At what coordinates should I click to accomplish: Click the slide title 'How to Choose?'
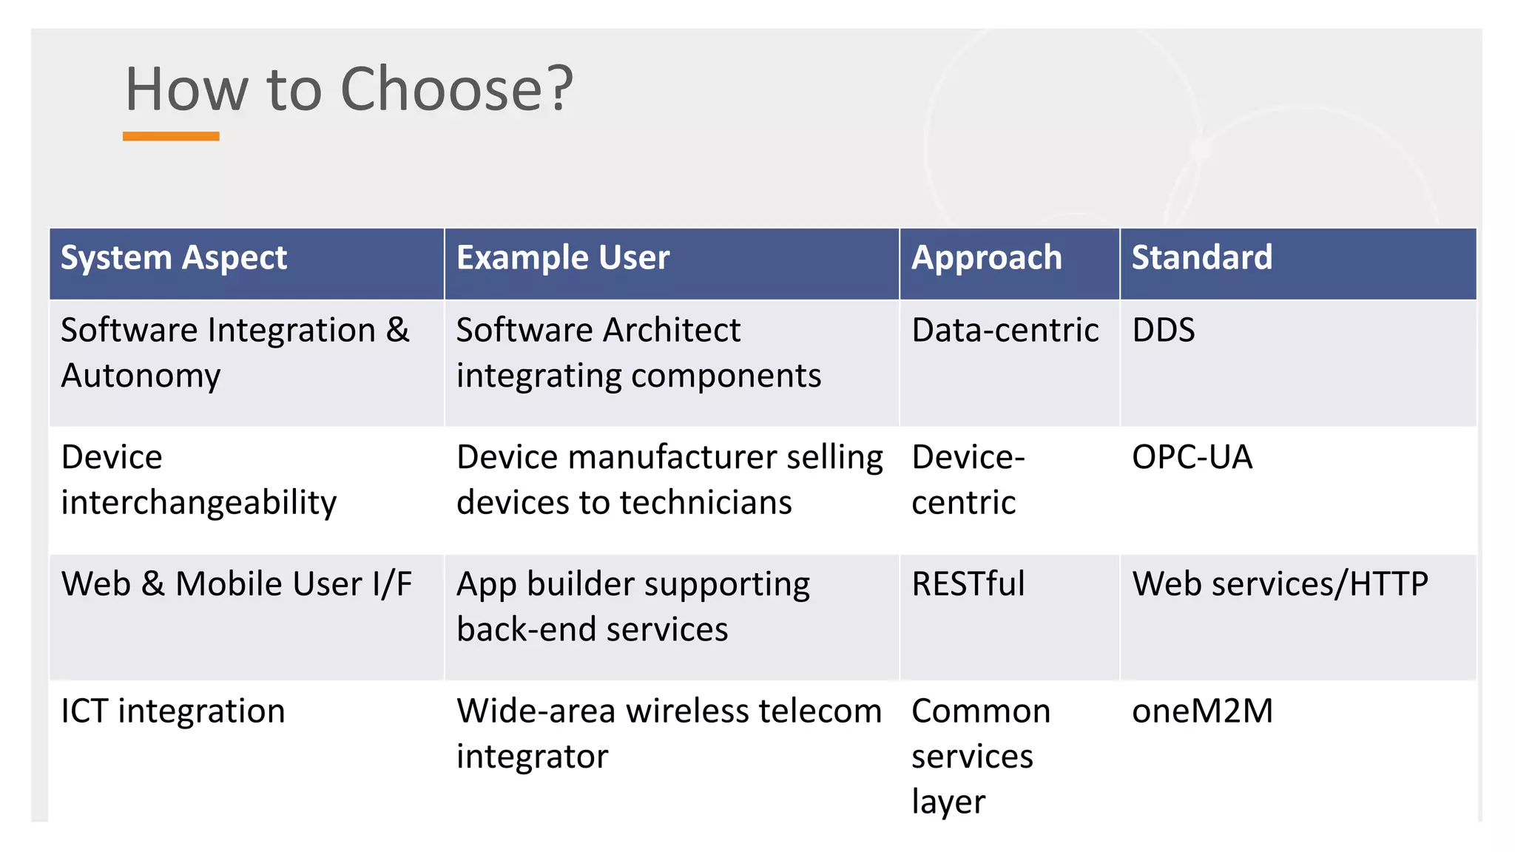coord(349,89)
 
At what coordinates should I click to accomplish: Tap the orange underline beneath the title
coord(171,136)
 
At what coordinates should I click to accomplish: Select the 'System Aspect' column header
coord(174,258)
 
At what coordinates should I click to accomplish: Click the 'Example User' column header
coord(563,258)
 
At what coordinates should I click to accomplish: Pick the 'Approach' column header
coord(986,258)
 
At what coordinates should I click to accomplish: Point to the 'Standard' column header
coord(1202,258)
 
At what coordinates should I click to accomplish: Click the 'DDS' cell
coord(1164,330)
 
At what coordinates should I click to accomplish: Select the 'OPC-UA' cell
coord(1192,457)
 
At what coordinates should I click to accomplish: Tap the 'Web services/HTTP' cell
coord(1280,584)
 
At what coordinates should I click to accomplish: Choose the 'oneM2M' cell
coord(1202,711)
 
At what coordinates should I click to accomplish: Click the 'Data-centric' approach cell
coord(1005,330)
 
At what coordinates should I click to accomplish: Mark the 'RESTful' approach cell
coord(968,584)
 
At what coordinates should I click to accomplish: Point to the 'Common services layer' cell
coord(980,756)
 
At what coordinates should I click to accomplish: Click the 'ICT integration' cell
coord(173,711)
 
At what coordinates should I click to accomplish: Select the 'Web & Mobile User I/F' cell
coord(237,584)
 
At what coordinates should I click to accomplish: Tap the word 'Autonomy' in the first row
coord(141,376)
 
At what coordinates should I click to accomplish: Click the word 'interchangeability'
coord(198,503)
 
